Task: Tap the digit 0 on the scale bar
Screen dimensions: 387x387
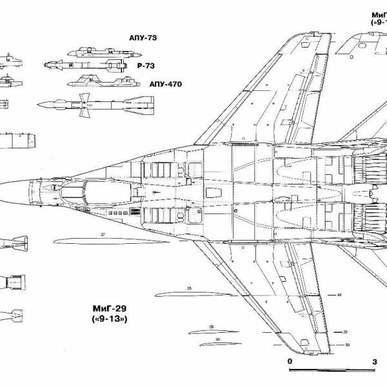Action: click(290, 361)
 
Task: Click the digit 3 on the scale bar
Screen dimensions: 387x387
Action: click(375, 361)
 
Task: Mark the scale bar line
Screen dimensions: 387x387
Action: click(332, 370)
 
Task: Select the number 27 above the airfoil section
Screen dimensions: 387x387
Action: click(103, 234)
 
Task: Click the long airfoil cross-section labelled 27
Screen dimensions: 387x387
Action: click(97, 241)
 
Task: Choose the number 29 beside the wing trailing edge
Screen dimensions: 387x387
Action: click(345, 332)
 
